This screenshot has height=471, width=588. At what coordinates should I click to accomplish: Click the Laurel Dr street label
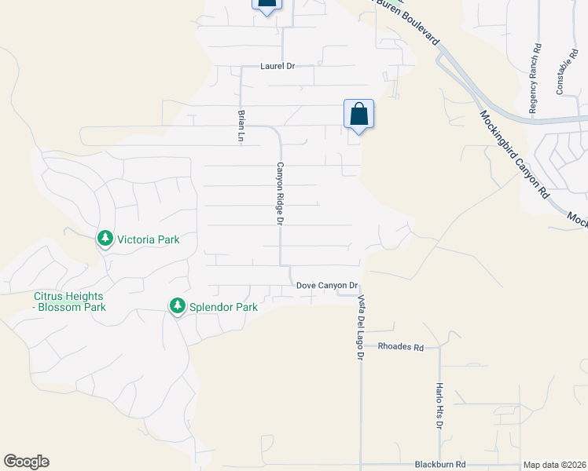pos(277,67)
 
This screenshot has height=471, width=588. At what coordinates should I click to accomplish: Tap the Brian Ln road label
pos(241,126)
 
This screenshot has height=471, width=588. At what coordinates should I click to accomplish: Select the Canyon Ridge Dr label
pos(278,193)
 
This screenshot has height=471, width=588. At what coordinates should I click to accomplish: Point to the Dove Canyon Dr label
pos(327,286)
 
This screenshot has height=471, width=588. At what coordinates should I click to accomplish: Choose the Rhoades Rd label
pos(400,346)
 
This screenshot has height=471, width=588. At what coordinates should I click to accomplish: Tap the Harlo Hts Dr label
pos(439,406)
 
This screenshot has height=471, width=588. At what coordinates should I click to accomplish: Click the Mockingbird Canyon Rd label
pos(512,153)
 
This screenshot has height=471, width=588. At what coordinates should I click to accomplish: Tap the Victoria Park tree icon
pos(103,238)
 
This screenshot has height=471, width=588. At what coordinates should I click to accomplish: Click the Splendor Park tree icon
pos(178,306)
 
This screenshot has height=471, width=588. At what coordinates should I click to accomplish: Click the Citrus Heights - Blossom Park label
pos(69,301)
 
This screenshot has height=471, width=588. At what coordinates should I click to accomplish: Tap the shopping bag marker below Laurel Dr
pos(358,115)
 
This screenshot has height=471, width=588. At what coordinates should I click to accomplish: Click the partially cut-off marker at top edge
pos(266,3)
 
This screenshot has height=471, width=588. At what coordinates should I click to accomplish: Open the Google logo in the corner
pos(26,462)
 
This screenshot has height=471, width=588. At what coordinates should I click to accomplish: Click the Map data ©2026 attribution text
pos(555,465)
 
